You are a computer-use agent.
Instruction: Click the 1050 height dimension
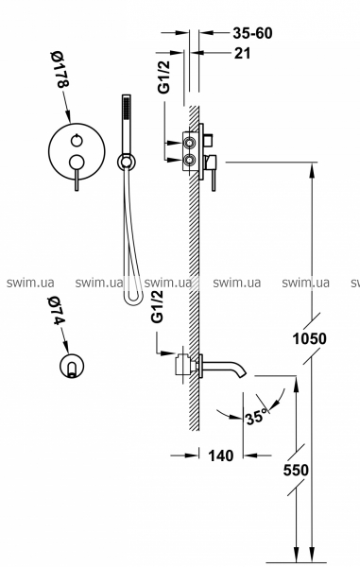(x=309, y=339)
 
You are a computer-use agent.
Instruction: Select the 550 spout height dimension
(x=296, y=470)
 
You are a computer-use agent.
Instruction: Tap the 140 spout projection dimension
(x=221, y=455)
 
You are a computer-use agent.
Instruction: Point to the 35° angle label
(x=257, y=417)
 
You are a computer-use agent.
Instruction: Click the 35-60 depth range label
(x=252, y=33)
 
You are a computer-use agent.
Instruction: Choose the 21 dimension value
(x=243, y=53)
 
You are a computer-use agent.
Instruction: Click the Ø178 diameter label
(x=60, y=70)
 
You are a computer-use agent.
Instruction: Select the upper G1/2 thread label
(x=164, y=77)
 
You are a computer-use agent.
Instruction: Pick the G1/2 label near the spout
(x=157, y=306)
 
